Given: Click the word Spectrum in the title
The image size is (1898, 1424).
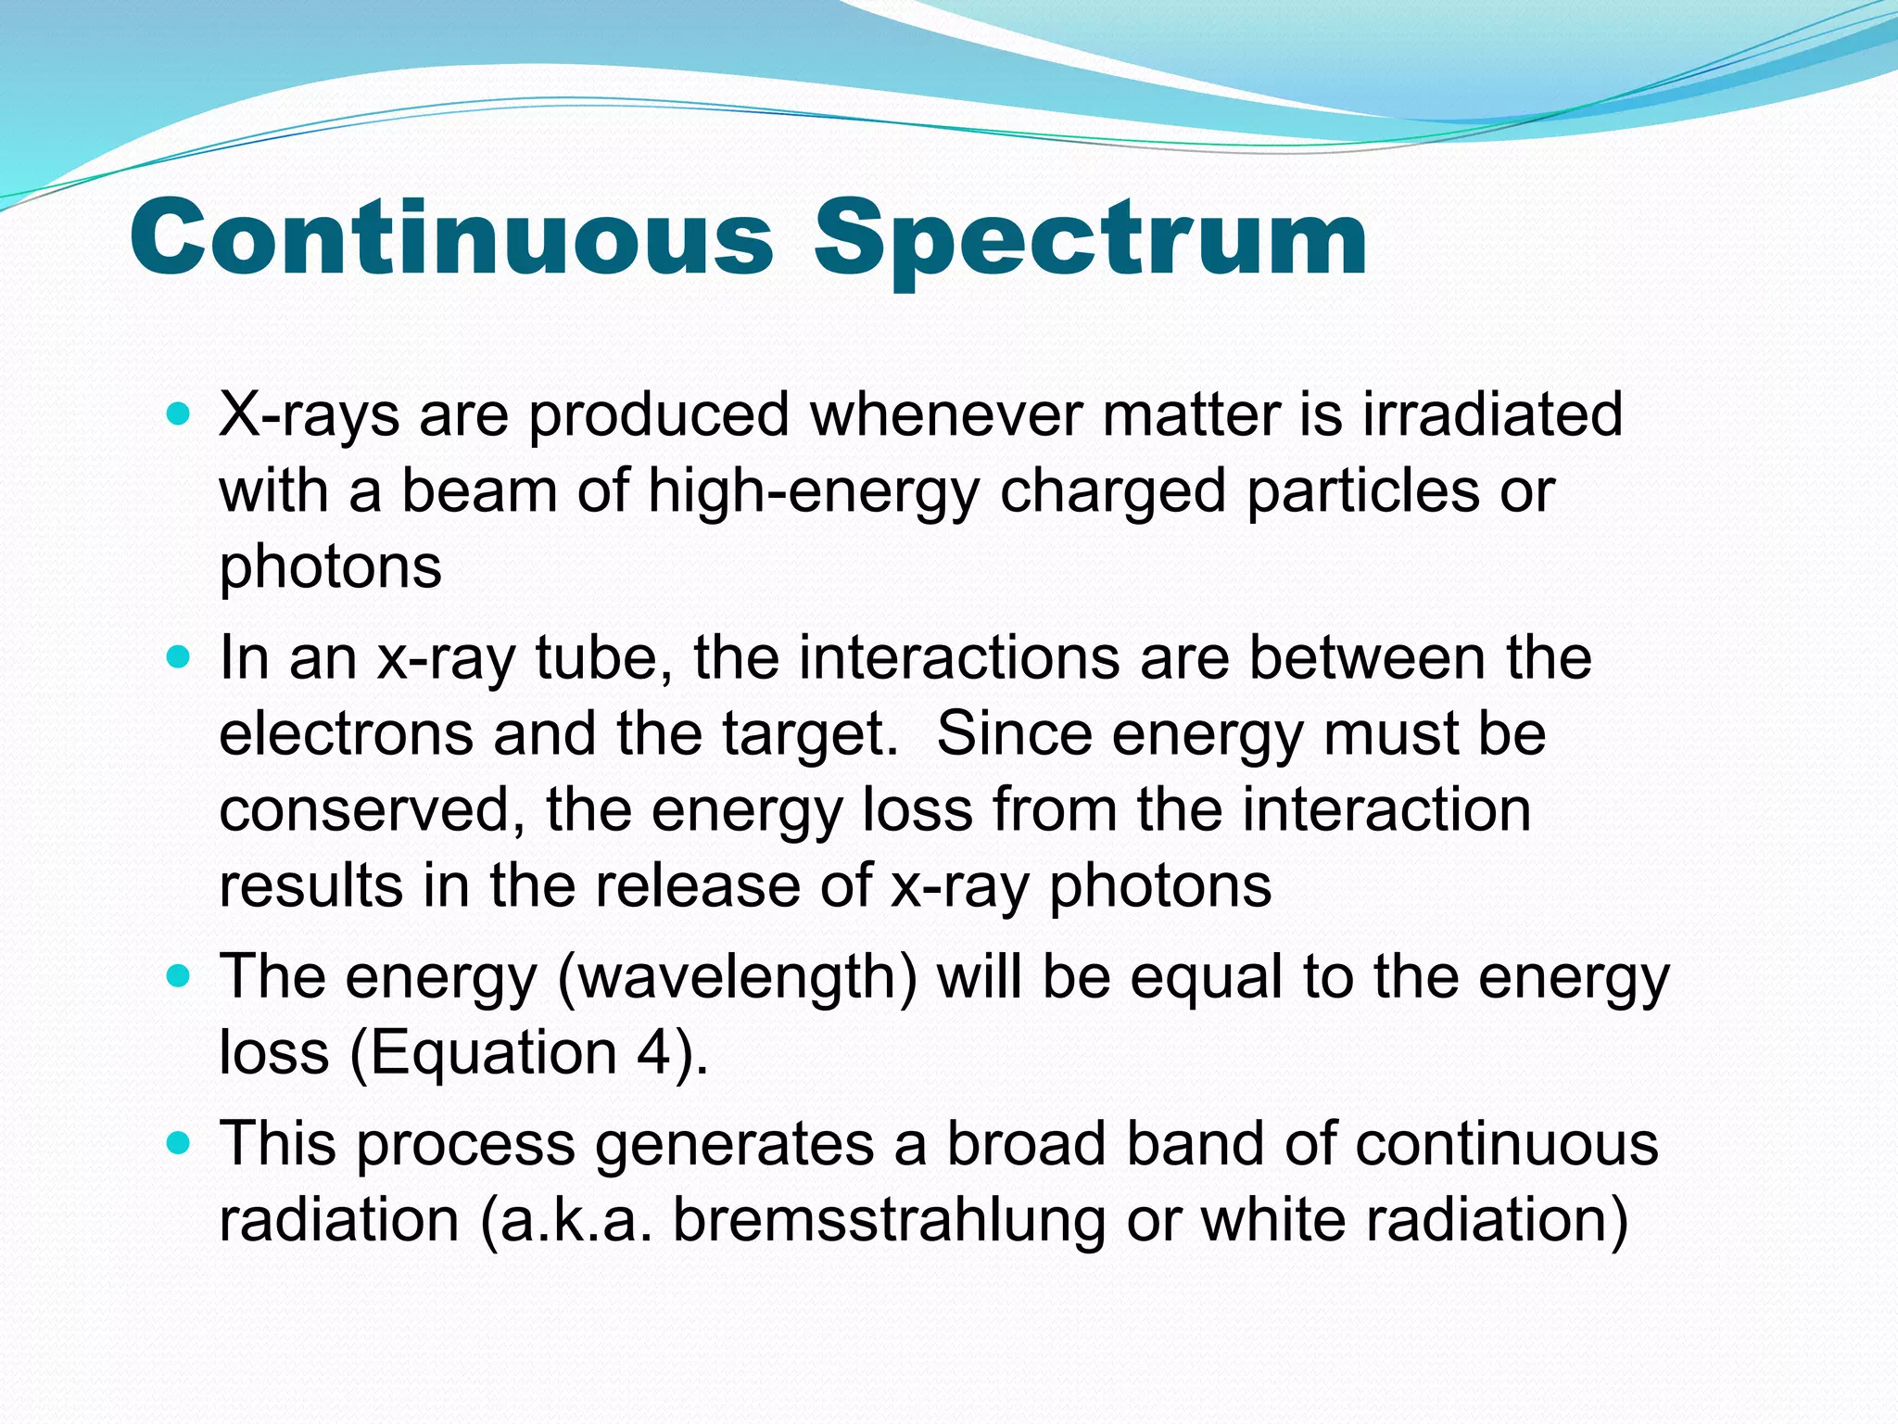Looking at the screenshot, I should tap(1090, 239).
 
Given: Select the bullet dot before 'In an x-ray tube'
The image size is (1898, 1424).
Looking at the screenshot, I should tap(179, 657).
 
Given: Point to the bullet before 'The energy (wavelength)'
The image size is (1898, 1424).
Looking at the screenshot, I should tap(179, 976).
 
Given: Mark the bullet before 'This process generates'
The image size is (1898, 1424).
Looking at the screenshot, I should tap(179, 1142).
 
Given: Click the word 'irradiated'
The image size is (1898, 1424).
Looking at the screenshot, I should tap(1492, 413).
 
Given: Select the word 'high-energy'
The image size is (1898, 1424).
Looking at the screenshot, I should tap(813, 491).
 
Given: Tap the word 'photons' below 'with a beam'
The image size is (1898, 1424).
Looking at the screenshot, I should tap(330, 566).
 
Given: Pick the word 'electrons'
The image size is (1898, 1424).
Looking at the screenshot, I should tap(346, 733).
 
